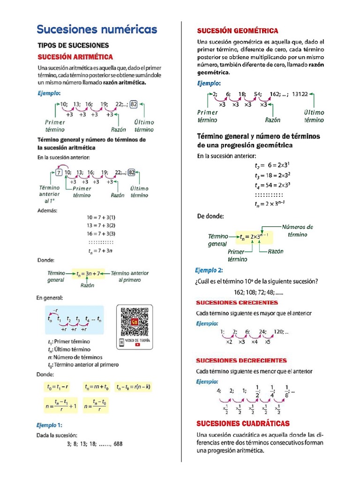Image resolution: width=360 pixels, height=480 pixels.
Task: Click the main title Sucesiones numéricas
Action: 97,30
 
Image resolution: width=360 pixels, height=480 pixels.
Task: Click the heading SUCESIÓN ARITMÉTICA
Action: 75,57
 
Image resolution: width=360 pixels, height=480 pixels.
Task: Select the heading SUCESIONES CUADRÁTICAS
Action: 243,423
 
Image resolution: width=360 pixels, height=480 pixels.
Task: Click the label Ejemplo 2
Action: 209,270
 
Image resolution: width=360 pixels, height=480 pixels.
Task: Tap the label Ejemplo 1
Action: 49,425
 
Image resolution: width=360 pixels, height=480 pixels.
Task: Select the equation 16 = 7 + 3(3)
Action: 101,233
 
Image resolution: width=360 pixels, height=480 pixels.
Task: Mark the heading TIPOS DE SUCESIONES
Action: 73,45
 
